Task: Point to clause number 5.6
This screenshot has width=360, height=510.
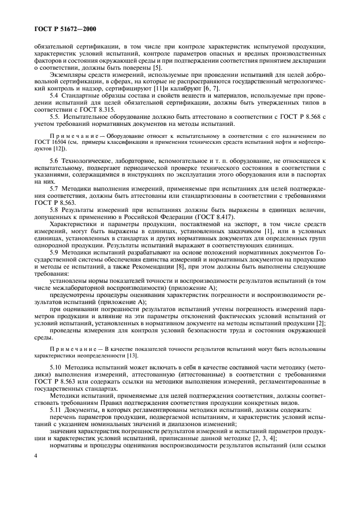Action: click(x=54, y=162)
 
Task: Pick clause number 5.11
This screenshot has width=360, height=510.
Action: click(x=56, y=409)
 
